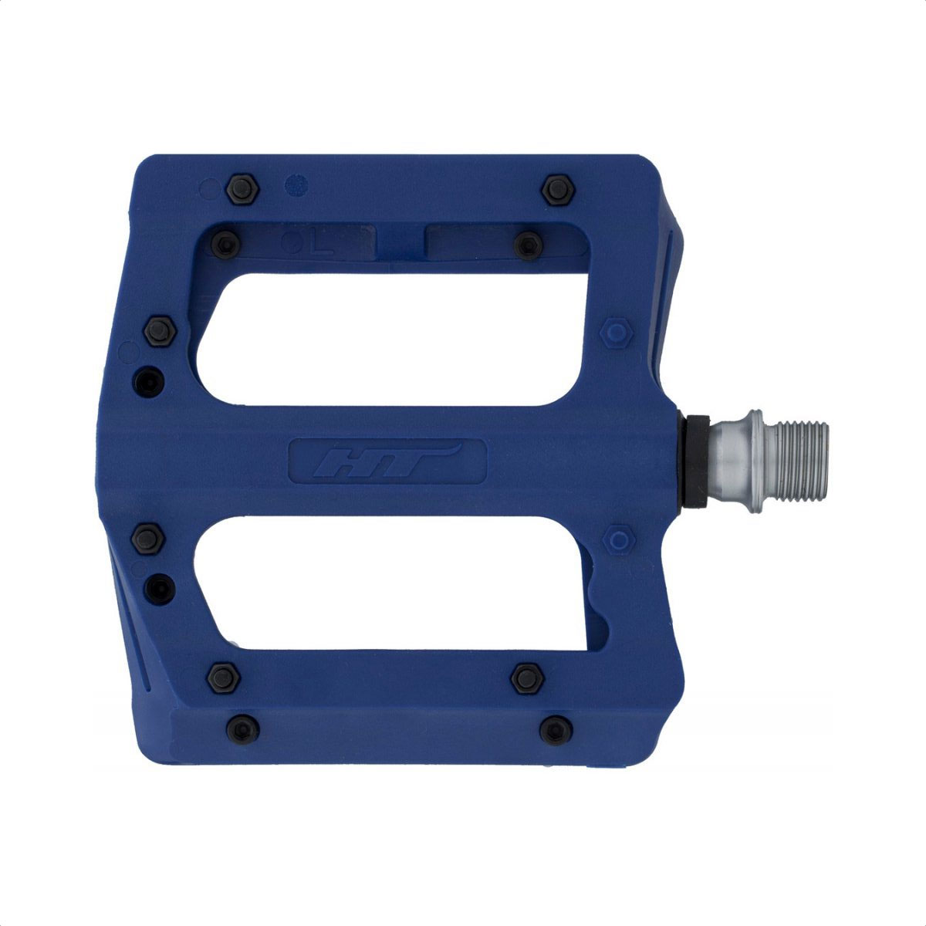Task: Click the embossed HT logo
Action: pos(387,460)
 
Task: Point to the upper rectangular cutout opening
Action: pos(389,340)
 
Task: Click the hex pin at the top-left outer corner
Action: pos(242,189)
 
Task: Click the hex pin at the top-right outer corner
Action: pos(558,189)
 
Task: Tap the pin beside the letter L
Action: pos(225,244)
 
